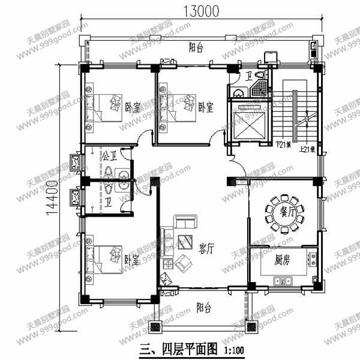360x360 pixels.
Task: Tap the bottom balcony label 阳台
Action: click(x=203, y=308)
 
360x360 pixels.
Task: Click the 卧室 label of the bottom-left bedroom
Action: click(x=132, y=260)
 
